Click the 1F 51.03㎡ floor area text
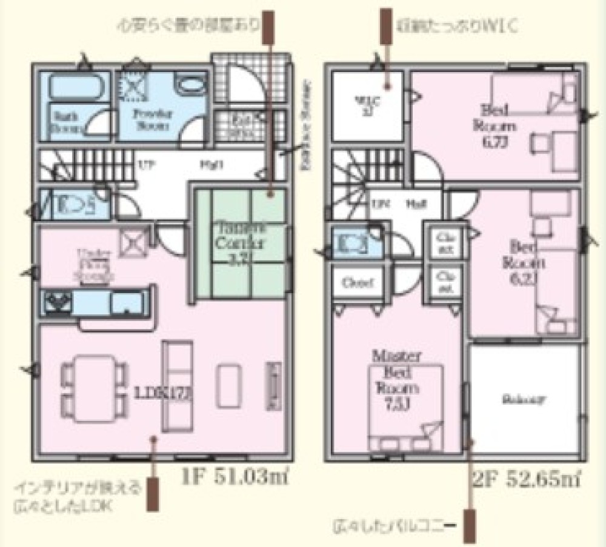(233, 478)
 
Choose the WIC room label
(366, 104)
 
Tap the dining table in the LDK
(90, 388)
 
